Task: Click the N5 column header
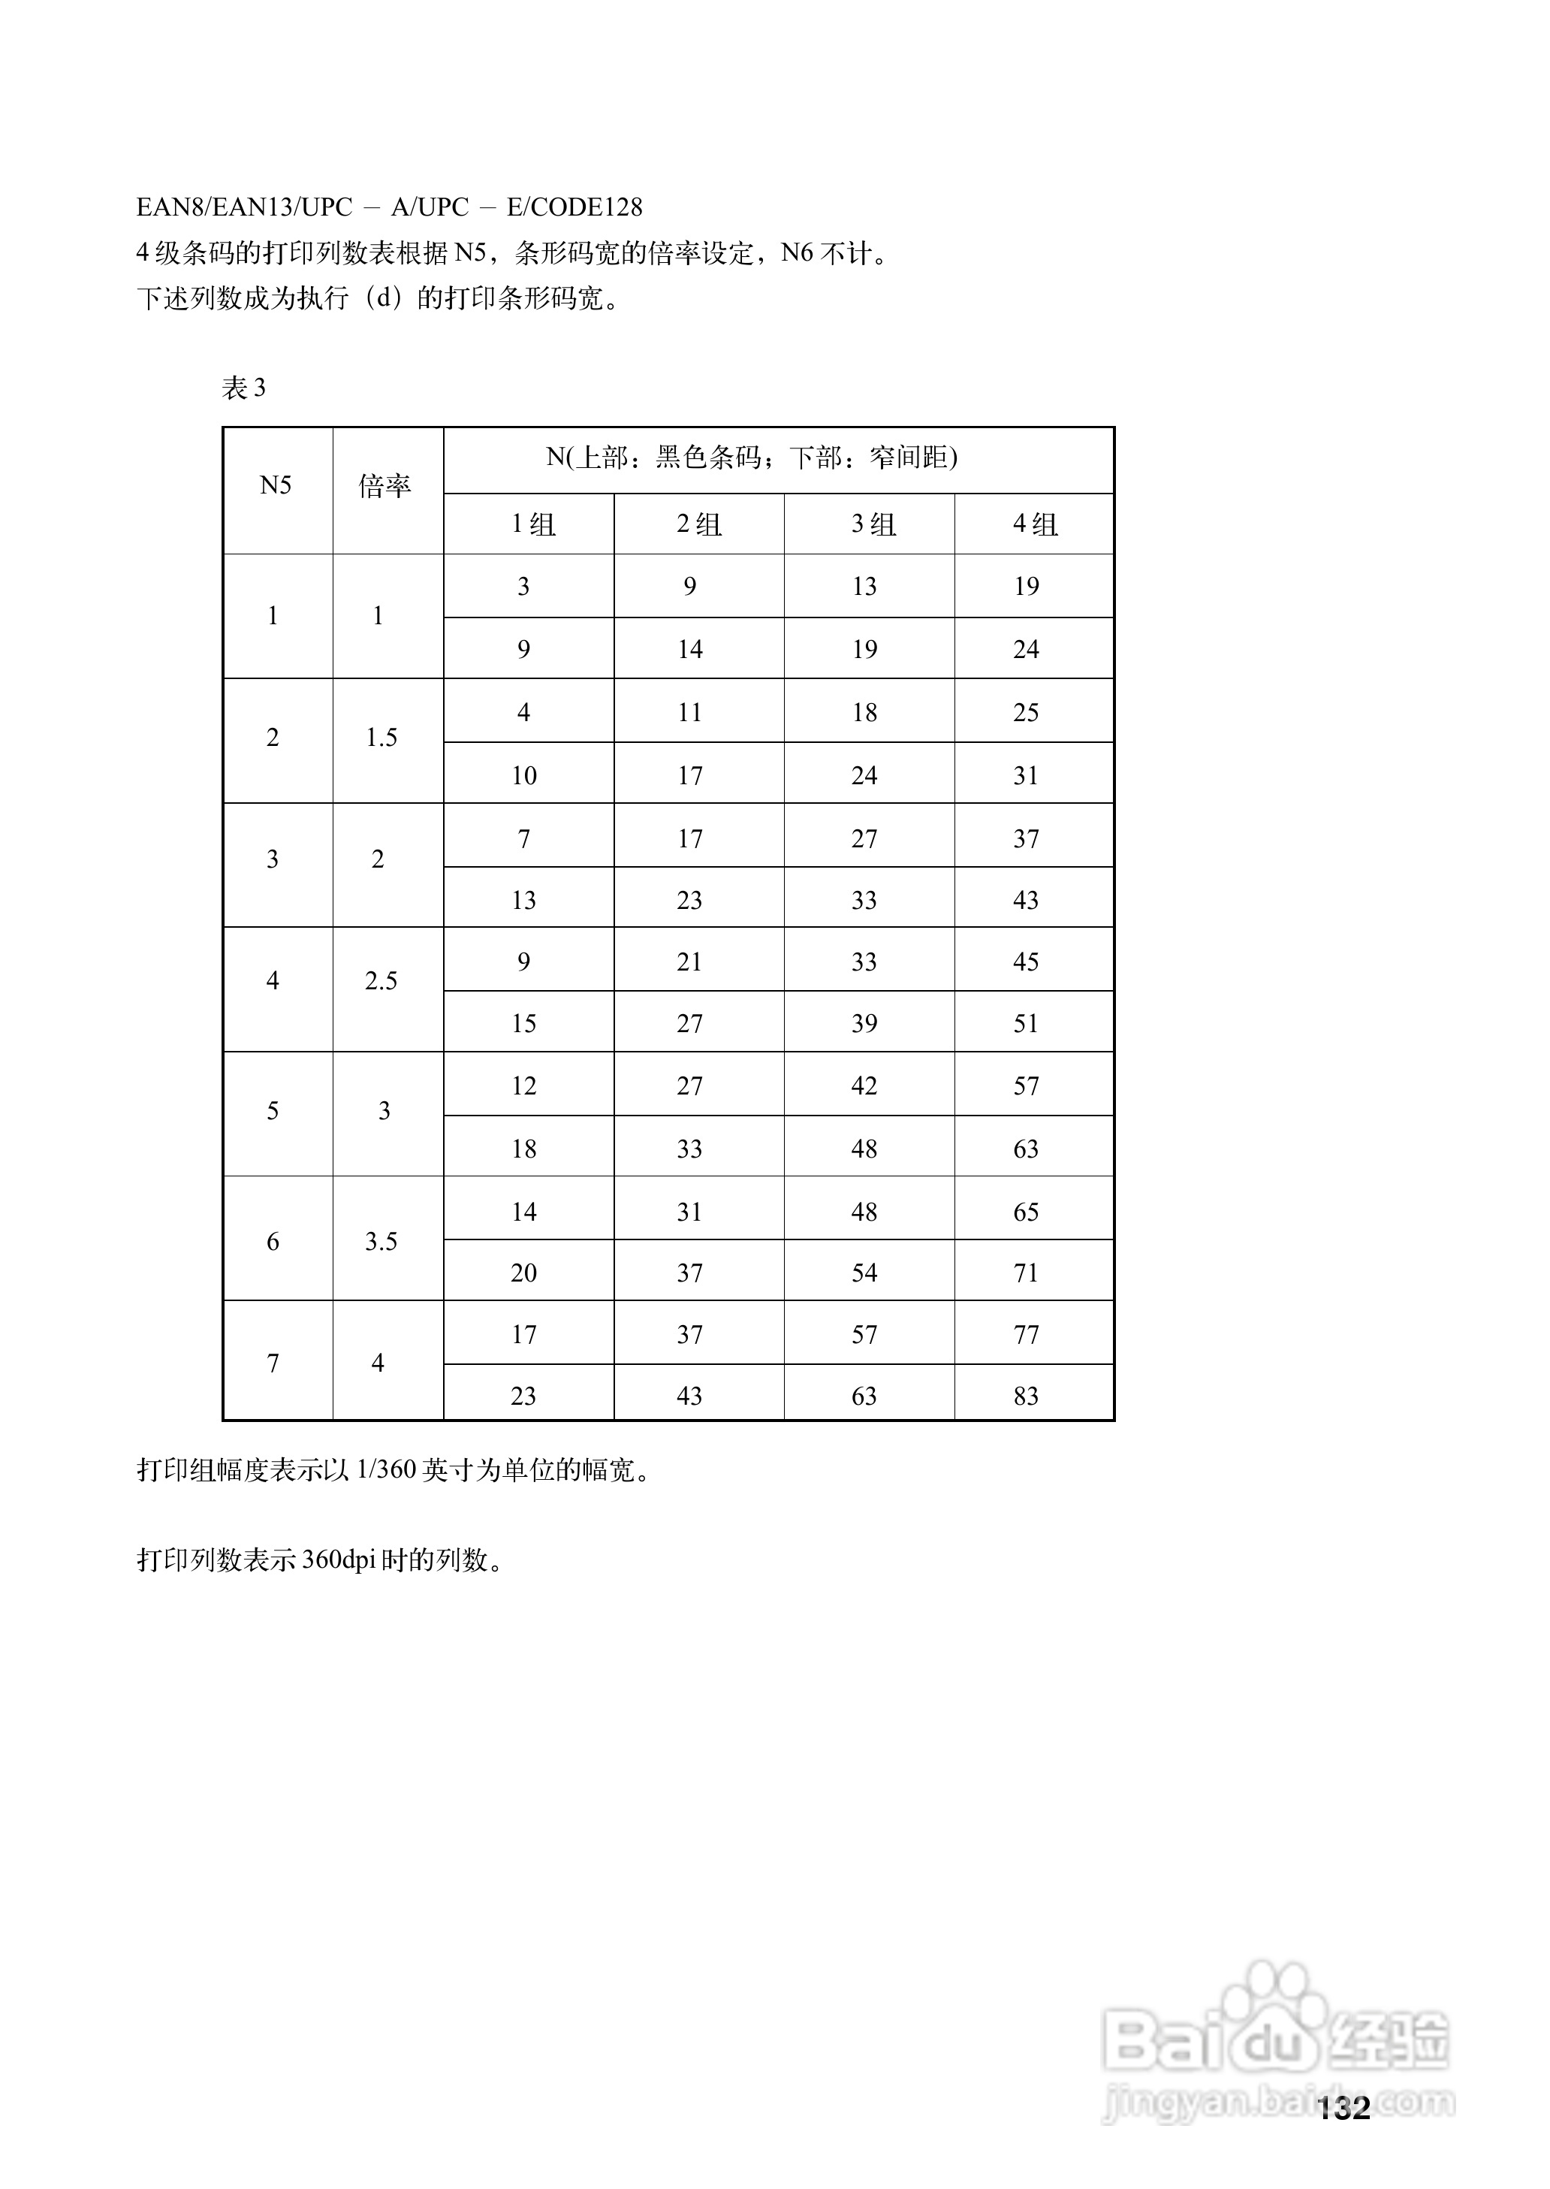pos(276,486)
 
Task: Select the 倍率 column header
pos(384,487)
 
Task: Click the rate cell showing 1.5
pos(381,738)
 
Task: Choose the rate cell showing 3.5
pos(381,1242)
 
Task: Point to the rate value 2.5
pos(381,981)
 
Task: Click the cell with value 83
pos(1026,1396)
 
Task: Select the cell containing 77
pos(1026,1335)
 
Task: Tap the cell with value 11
pos(689,713)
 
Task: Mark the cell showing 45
pos(1026,962)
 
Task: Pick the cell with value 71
pos(1026,1273)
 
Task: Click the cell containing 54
pos(864,1273)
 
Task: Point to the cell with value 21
pos(689,962)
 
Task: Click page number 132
pos(1343,2108)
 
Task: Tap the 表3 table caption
pos(243,388)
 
